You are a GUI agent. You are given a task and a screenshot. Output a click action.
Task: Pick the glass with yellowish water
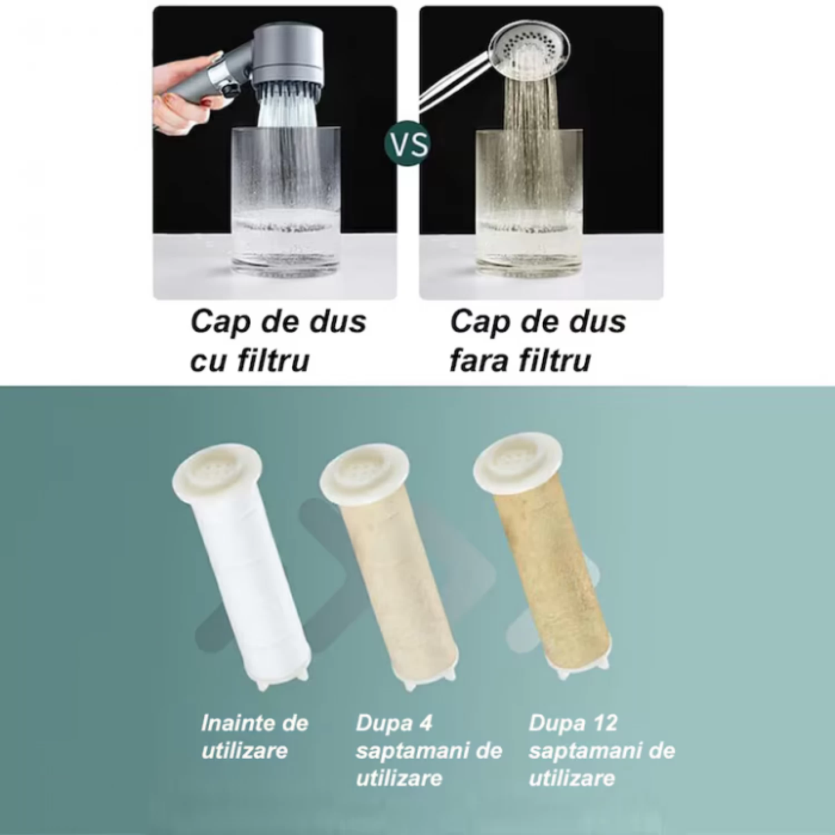point(529,200)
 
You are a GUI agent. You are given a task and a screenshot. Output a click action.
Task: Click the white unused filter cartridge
point(245,568)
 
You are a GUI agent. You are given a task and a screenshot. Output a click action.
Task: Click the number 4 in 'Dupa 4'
point(425,723)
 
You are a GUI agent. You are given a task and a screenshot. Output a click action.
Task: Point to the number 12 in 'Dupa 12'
point(605,723)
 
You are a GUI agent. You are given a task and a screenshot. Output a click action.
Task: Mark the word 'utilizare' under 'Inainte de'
point(244,750)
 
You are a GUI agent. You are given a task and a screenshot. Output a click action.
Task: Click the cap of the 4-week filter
point(364,473)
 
